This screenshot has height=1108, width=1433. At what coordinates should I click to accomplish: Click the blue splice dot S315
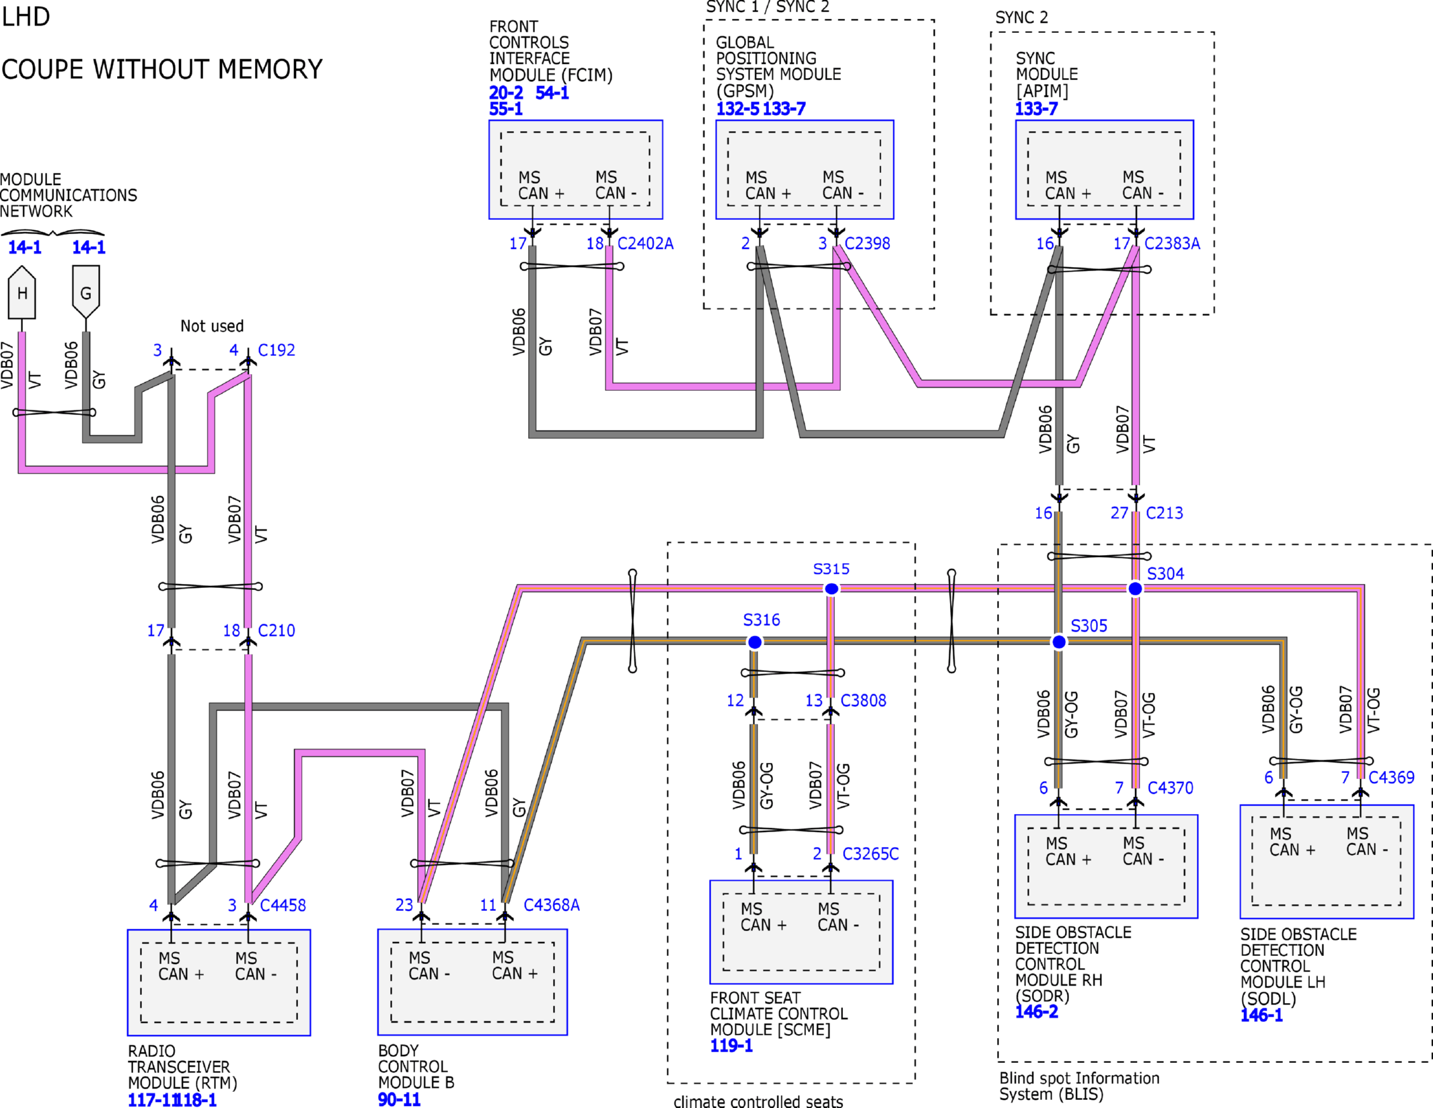coord(832,589)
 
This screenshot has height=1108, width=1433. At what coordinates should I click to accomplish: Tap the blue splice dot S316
coord(755,642)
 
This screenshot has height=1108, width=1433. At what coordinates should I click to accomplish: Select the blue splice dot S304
coord(1135,589)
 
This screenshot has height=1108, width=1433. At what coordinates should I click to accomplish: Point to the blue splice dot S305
coord(1059,642)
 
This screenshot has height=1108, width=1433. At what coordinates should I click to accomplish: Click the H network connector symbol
coord(22,293)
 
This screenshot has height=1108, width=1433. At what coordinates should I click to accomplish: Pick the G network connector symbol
coord(86,292)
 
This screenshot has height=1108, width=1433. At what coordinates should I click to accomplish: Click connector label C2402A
coord(645,244)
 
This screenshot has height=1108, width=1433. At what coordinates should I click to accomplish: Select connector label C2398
coord(867,244)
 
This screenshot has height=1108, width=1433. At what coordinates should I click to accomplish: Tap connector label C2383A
coord(1172,244)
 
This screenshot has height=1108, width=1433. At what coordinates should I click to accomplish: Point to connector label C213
coord(1165,513)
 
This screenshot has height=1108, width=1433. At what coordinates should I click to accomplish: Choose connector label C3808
coord(863,701)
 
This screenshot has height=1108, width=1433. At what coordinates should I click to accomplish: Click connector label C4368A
coord(552,906)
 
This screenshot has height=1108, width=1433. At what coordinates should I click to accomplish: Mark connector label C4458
coord(283,906)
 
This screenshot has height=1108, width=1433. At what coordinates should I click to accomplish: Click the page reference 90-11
coord(399,1099)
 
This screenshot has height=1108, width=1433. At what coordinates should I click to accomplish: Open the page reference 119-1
coord(731,1046)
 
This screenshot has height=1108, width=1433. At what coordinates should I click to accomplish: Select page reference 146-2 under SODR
coord(1036,1012)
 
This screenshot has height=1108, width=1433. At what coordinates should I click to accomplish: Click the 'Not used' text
coord(212,326)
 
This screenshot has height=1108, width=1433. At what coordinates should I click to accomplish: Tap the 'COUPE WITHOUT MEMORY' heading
coord(162,69)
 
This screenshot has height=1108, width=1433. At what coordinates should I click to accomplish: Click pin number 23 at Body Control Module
coord(404,906)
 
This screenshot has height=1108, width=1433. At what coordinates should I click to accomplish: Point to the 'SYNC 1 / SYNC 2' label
coord(768,7)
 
